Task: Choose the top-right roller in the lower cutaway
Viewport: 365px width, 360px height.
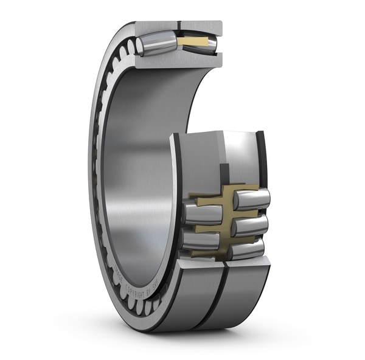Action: pyautogui.click(x=251, y=199)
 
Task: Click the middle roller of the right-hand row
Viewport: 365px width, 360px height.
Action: pyautogui.click(x=249, y=225)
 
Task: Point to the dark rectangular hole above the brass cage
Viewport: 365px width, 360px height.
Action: pyautogui.click(x=223, y=173)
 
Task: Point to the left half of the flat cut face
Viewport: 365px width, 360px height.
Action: pyautogui.click(x=198, y=158)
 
